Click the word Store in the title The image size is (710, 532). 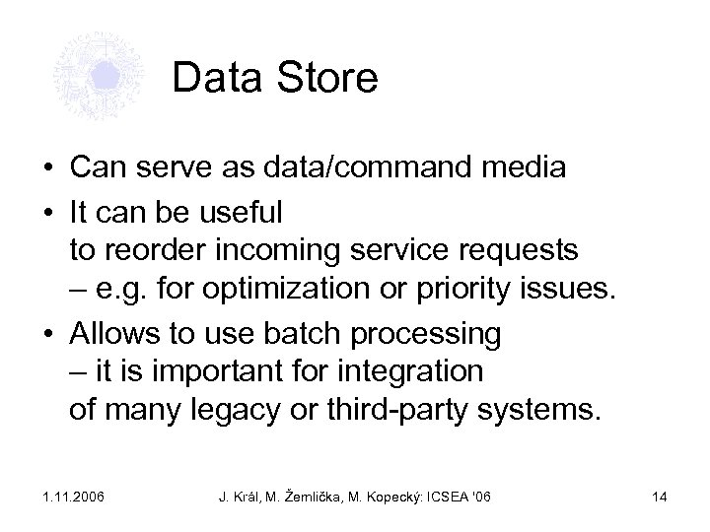click(325, 79)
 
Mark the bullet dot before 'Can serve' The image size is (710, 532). click(47, 169)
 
